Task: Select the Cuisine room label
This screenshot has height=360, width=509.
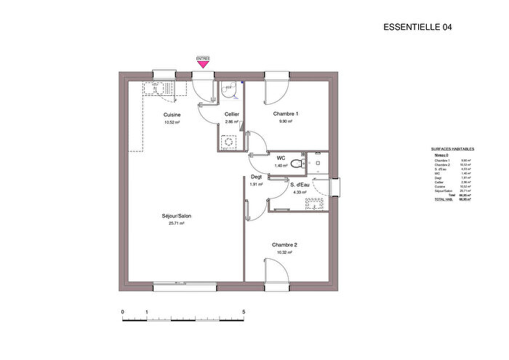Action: pyautogui.click(x=172, y=115)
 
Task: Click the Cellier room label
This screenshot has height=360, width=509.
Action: pyautogui.click(x=232, y=115)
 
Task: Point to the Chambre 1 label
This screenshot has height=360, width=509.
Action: pyautogui.click(x=286, y=114)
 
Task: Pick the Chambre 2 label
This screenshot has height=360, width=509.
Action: pyautogui.click(x=285, y=245)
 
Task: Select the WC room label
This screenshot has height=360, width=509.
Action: pyautogui.click(x=281, y=158)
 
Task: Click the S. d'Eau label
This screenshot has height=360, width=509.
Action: pyautogui.click(x=301, y=185)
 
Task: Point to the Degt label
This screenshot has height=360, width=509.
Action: pyautogui.click(x=257, y=177)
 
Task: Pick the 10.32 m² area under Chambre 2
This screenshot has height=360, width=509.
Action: pyautogui.click(x=285, y=252)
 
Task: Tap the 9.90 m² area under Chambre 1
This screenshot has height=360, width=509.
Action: pyautogui.click(x=286, y=121)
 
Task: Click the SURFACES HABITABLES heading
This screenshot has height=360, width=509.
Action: pyautogui.click(x=452, y=148)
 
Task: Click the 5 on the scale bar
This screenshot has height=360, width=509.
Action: pyautogui.click(x=244, y=312)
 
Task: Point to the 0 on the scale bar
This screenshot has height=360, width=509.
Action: pyautogui.click(x=122, y=312)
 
